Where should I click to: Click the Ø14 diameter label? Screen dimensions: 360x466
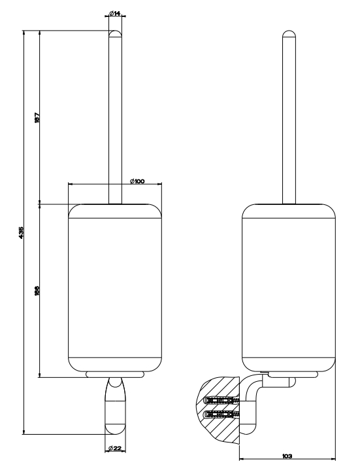[115, 13]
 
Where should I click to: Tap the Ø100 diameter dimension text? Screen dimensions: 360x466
[137, 181]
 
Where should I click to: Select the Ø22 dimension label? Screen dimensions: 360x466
[115, 448]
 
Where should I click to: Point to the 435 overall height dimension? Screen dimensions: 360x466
[21, 233]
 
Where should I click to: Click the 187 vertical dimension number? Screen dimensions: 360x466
[37, 118]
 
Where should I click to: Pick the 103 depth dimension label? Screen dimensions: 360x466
[287, 456]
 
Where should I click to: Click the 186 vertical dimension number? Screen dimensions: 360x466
[37, 291]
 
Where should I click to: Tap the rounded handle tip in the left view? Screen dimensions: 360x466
[115, 33]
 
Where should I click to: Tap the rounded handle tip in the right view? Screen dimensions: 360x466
[289, 33]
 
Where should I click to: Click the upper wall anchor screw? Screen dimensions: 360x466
[221, 401]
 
